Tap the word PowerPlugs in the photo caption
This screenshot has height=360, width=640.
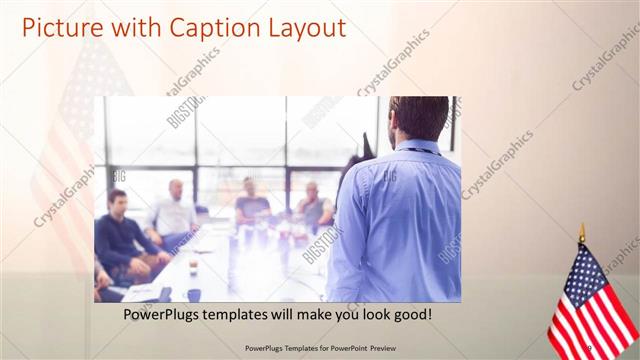[x=164, y=314]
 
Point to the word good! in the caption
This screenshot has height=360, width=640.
[x=411, y=314]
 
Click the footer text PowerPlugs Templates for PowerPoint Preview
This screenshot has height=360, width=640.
[x=319, y=347]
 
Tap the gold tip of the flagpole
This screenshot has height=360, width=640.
[x=582, y=233]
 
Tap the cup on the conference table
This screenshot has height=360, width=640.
[x=193, y=264]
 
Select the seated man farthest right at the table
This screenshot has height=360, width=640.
[x=314, y=208]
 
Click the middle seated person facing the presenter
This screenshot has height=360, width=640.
[x=252, y=204]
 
